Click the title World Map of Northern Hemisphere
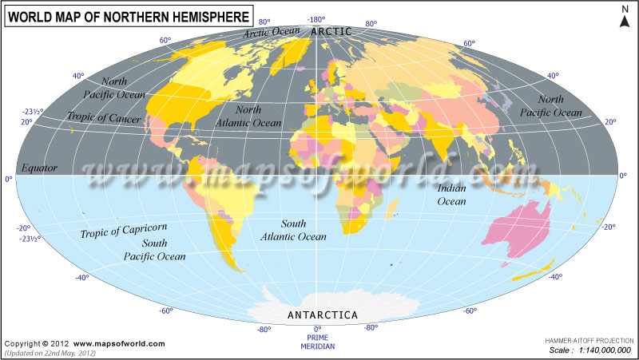[127, 15]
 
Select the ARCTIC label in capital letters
[331, 31]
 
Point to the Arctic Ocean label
[272, 33]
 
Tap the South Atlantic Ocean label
[293, 230]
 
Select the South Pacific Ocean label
[154, 250]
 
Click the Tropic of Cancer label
[104, 118]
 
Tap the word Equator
[39, 168]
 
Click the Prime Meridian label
[317, 342]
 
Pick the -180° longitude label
[317, 19]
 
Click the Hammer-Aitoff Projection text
[589, 340]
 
